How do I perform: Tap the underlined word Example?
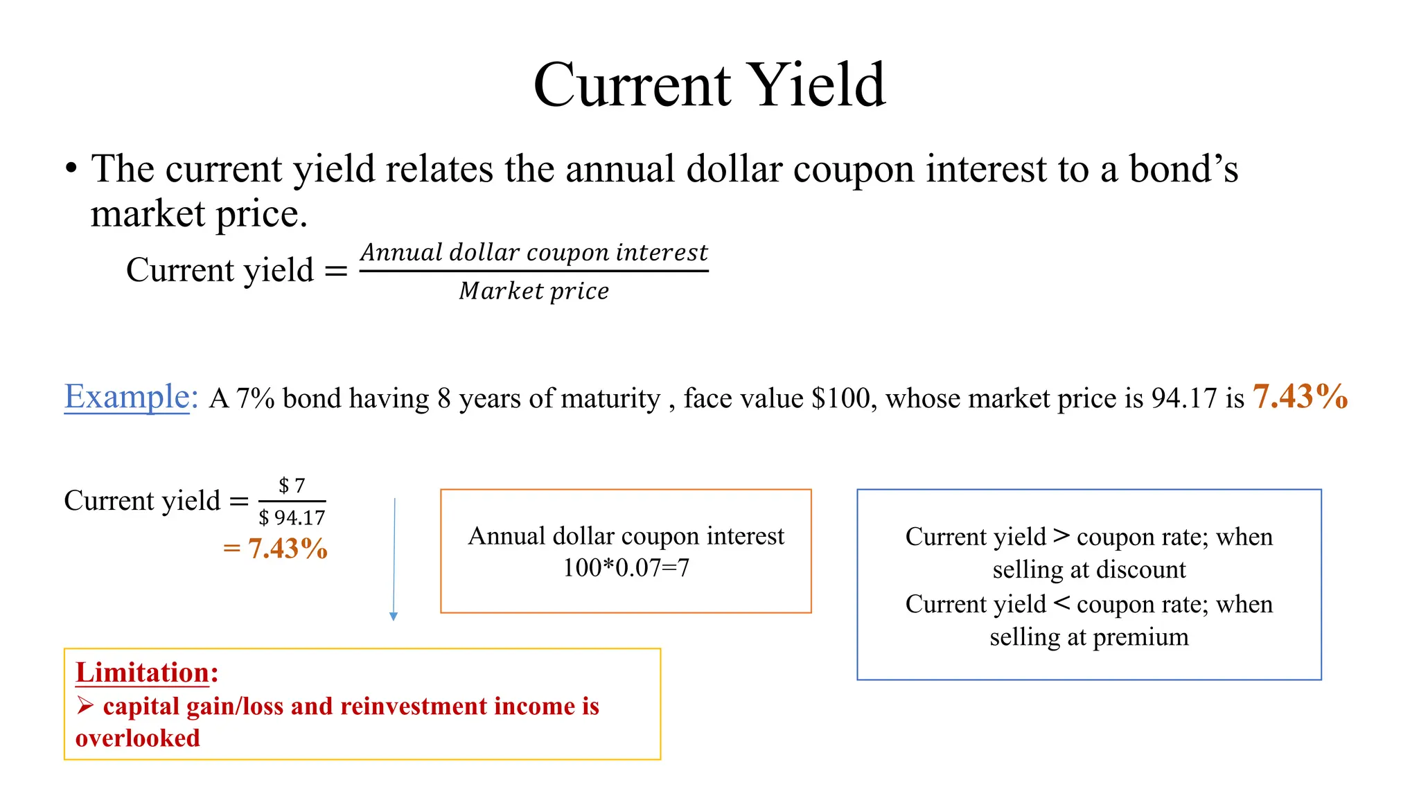127,397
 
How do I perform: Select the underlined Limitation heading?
143,673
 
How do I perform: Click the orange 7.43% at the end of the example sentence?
1300,397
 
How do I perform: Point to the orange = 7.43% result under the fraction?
276,549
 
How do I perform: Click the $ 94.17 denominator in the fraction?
292,517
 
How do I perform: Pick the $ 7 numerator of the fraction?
292,486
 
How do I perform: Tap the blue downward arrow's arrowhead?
394,617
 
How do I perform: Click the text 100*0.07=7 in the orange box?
626,568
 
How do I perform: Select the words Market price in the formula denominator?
534,291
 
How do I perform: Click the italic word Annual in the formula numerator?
401,252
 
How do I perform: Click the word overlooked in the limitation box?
138,738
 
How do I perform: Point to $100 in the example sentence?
840,398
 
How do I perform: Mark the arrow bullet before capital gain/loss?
85,706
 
